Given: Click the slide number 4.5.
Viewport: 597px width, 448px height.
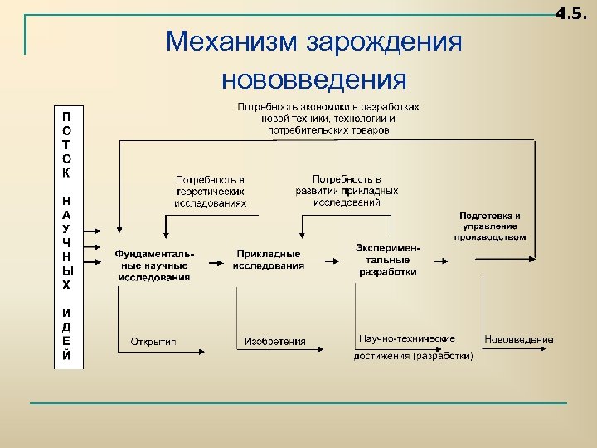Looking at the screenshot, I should click(x=572, y=13).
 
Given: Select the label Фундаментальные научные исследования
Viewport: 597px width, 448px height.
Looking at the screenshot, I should click(x=153, y=265).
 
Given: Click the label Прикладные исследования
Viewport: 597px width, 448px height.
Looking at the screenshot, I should click(x=268, y=260).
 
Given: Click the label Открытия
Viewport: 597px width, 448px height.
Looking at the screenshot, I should click(x=153, y=341).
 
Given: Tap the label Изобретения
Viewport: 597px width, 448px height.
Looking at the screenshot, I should click(x=274, y=341).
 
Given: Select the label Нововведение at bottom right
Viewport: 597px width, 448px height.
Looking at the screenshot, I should click(x=519, y=339).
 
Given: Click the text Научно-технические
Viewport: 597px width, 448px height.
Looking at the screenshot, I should click(x=407, y=339).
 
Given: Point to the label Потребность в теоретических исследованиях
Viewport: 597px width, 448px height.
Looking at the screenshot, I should click(x=210, y=191).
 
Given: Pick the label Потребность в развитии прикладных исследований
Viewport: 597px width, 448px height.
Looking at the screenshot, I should click(x=347, y=190).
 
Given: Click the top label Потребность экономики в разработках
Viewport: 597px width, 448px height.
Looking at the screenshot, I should click(x=328, y=106).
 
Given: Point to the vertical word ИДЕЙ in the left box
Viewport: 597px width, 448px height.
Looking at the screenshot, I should click(x=66, y=334).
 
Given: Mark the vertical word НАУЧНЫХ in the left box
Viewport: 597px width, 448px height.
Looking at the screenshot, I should click(x=66, y=241).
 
